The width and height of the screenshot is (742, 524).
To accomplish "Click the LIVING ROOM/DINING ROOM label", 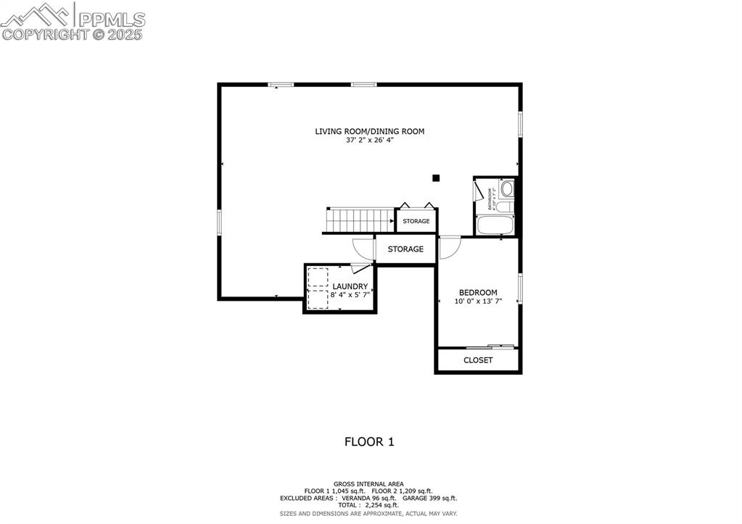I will pyautogui.click(x=369, y=131).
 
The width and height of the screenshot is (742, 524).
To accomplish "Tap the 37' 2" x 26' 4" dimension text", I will pyautogui.click(x=369, y=140).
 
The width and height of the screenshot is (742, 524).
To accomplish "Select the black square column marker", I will pyautogui.click(x=436, y=177).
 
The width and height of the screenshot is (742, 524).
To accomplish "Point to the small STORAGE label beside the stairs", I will pyautogui.click(x=416, y=221).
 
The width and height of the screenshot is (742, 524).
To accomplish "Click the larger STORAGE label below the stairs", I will pyautogui.click(x=405, y=249).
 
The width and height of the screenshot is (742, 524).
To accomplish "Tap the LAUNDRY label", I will pyautogui.click(x=350, y=286).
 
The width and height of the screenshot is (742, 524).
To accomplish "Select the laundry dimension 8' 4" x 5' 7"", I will pyautogui.click(x=350, y=295).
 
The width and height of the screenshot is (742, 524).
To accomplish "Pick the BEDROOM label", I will pyautogui.click(x=478, y=293).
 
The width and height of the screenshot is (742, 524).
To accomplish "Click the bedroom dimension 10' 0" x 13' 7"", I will pyautogui.click(x=478, y=301).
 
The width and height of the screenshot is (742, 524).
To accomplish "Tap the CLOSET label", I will pyautogui.click(x=478, y=360).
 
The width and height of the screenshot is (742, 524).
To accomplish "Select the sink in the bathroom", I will pyautogui.click(x=506, y=191).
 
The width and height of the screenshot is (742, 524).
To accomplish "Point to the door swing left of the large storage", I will pyautogui.click(x=362, y=248).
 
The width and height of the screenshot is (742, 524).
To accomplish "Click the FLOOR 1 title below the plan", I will pyautogui.click(x=369, y=441).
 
